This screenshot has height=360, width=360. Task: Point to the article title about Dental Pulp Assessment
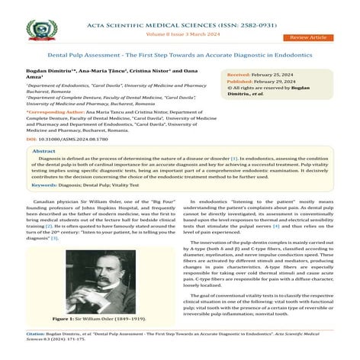click(180, 56)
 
